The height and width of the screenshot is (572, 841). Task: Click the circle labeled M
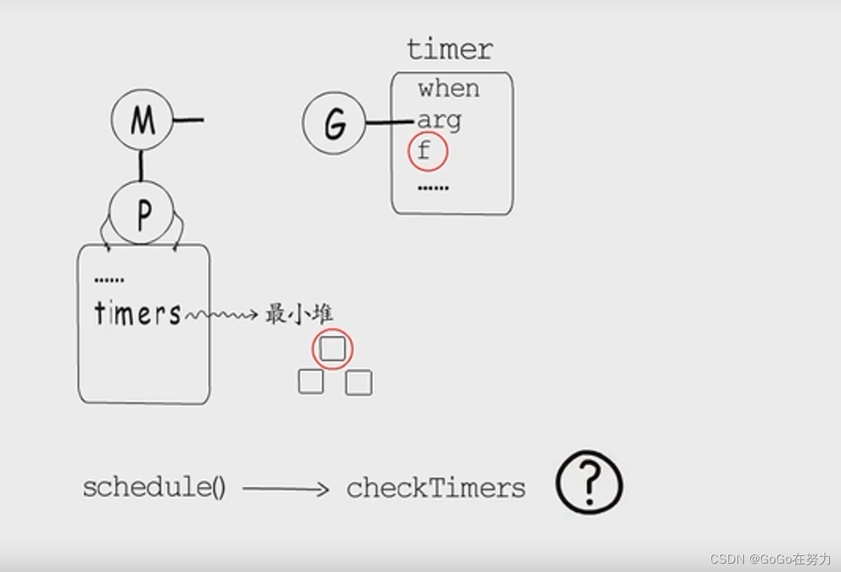(x=142, y=120)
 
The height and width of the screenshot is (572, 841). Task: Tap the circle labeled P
(x=142, y=213)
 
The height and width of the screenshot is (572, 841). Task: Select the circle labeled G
(x=334, y=123)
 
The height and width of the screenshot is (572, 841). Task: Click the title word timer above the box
(x=450, y=50)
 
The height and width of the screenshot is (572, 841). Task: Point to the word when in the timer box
(x=448, y=89)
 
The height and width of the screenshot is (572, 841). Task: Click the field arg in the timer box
(x=439, y=121)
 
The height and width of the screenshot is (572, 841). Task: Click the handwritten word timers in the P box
(x=137, y=313)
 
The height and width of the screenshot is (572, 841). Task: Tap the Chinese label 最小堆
(x=299, y=314)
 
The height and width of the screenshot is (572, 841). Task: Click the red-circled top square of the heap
(x=332, y=348)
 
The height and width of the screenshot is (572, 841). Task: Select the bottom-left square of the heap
(x=311, y=382)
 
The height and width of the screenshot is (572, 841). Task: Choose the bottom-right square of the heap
(x=359, y=382)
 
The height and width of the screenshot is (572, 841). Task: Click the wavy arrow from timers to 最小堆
(x=220, y=315)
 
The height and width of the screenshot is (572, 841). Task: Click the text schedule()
(x=154, y=487)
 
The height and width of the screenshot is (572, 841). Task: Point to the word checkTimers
(x=436, y=488)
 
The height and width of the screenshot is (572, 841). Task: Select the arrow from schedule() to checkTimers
(x=285, y=489)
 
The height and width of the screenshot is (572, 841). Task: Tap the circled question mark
(x=589, y=482)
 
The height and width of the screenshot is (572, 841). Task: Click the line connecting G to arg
(x=389, y=123)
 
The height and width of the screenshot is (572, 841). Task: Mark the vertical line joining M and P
(x=141, y=166)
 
